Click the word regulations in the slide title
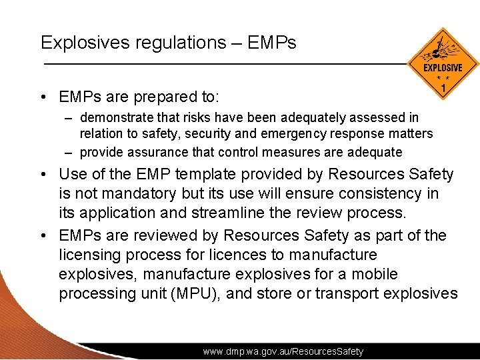(175, 43)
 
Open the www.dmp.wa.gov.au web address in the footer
(283, 351)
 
